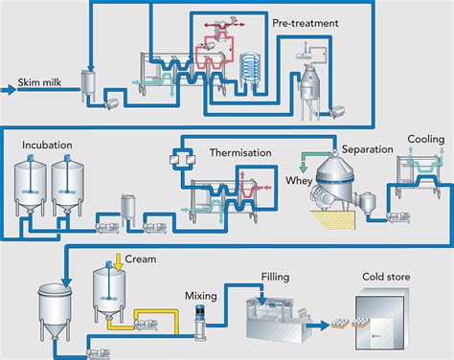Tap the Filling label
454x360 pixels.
[x=275, y=277]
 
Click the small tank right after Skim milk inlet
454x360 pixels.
[x=92, y=84]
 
